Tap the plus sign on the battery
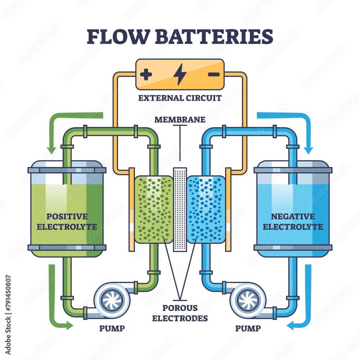pyautogui.click(x=146, y=75)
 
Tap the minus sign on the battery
pyautogui.click(x=213, y=75)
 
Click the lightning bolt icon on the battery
pyautogui.click(x=180, y=75)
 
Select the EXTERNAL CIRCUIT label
pyautogui.click(x=180, y=98)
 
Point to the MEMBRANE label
pyautogui.click(x=180, y=120)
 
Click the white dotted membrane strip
pyautogui.click(x=180, y=209)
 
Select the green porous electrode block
pyautogui.click(x=154, y=209)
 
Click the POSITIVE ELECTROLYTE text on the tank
pyautogui.click(x=67, y=221)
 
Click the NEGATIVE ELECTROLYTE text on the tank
pyautogui.click(x=293, y=221)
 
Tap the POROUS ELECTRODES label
pyautogui.click(x=180, y=313)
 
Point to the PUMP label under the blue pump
pyautogui.click(x=248, y=328)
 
